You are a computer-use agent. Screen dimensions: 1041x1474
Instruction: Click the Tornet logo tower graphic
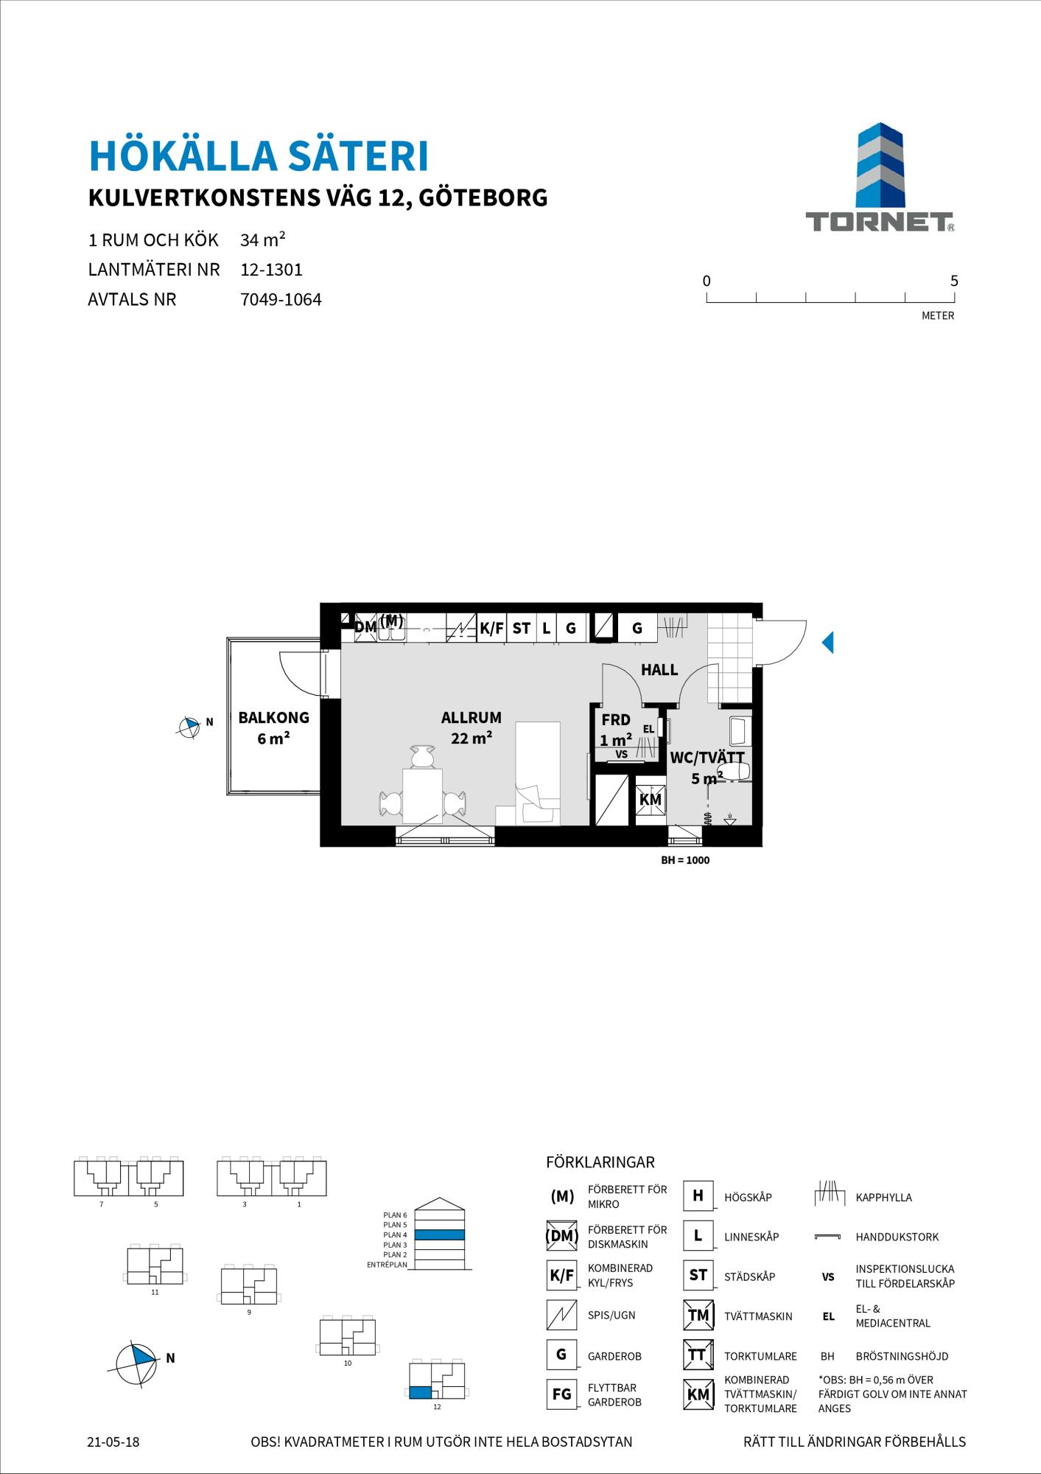tap(880, 165)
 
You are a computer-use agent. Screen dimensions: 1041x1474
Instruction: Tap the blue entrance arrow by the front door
tap(828, 643)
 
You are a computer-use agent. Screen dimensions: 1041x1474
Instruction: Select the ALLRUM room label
tap(472, 717)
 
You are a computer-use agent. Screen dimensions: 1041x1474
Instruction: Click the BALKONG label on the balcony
tap(273, 717)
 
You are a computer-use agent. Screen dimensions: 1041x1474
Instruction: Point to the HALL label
tap(659, 670)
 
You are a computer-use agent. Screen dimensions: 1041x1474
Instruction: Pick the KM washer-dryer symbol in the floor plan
tap(651, 800)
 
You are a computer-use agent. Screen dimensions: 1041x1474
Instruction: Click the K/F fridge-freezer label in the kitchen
tap(491, 629)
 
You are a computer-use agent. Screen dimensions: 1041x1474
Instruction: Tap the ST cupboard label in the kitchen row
tap(522, 629)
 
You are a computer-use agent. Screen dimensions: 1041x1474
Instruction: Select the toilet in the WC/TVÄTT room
tap(734, 771)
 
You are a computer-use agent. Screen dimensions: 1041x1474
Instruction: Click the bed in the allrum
tap(538, 773)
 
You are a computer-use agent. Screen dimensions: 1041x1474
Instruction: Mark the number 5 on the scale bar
tap(954, 281)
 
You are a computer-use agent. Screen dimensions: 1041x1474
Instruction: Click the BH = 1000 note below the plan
tap(685, 860)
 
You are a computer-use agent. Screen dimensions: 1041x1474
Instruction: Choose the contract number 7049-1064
tap(281, 300)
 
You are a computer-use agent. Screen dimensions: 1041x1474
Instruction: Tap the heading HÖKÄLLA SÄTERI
tap(259, 156)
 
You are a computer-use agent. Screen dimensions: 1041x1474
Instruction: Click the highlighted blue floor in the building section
tap(439, 1234)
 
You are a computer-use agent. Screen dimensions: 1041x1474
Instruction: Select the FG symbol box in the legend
tap(561, 1394)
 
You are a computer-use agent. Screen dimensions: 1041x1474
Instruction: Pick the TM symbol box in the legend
tap(698, 1316)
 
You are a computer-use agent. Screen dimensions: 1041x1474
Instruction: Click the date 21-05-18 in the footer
tap(113, 1442)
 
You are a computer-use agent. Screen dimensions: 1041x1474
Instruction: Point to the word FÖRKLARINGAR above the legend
tap(600, 1162)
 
